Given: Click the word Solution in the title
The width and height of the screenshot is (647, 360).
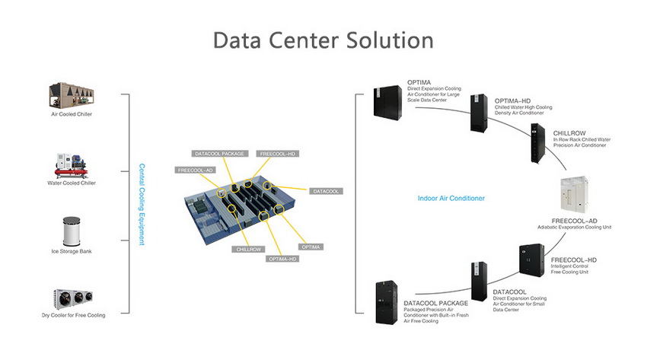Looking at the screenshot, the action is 390,40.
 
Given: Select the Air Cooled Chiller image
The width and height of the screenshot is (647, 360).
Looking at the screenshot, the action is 72,95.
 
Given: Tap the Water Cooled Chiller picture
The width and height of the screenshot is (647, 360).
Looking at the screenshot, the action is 72,166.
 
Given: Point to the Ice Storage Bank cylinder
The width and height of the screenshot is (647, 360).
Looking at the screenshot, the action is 72,231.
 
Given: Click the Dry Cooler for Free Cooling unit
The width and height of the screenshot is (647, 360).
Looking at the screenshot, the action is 73,299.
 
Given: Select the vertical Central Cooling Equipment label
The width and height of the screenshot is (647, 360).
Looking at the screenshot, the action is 142,204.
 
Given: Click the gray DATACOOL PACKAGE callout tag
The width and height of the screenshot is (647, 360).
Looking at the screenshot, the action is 219,154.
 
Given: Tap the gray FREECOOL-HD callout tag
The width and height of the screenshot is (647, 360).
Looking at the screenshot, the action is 277,154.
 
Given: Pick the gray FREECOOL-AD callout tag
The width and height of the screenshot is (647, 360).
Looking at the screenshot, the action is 195,170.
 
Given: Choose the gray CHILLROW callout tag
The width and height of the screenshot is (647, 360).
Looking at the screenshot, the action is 248,249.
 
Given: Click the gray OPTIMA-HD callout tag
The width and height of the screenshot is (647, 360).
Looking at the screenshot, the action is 282,259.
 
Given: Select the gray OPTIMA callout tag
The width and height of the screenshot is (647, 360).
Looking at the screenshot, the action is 311,247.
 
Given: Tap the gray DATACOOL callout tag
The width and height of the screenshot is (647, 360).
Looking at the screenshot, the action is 326,191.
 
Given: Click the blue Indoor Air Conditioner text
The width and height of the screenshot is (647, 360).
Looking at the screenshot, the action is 451,199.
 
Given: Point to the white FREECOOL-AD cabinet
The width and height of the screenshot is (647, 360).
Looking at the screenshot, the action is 575,195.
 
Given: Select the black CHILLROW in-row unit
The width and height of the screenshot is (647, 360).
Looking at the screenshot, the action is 537,142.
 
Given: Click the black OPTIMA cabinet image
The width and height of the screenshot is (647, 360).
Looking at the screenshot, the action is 387,103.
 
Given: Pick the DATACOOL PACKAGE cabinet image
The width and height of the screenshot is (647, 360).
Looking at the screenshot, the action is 387,302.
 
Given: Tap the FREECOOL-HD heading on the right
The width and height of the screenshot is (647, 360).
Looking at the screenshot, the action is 574,260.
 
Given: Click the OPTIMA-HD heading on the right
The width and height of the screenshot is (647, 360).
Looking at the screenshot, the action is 512,101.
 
